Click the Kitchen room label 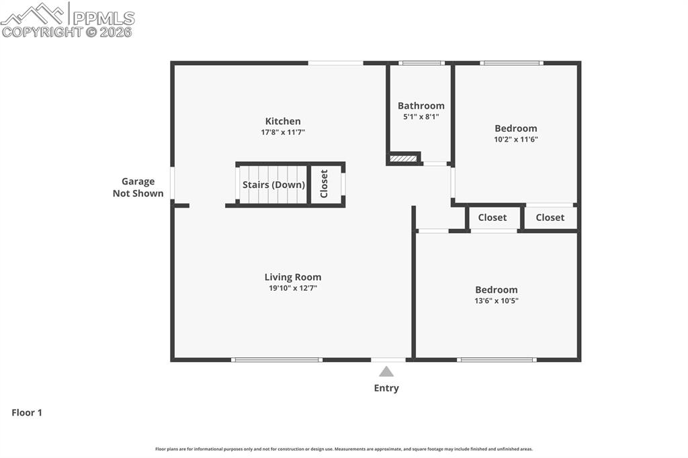(283, 122)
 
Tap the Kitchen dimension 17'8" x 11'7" (283, 132)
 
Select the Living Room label (292, 277)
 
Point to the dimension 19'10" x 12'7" (292, 288)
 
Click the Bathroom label (421, 105)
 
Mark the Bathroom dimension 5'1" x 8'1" (421, 117)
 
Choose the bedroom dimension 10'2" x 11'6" (516, 140)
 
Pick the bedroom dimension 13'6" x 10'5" (497, 301)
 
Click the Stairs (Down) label (273, 185)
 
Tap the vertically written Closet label (324, 183)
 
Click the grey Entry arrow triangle (386, 371)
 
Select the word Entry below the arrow (386, 388)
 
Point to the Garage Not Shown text (138, 187)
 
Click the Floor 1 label (27, 413)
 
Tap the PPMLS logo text (103, 18)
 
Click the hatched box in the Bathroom (403, 159)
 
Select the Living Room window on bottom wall (277, 360)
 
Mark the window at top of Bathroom (421, 63)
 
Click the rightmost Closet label (550, 218)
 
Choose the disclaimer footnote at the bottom (344, 449)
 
